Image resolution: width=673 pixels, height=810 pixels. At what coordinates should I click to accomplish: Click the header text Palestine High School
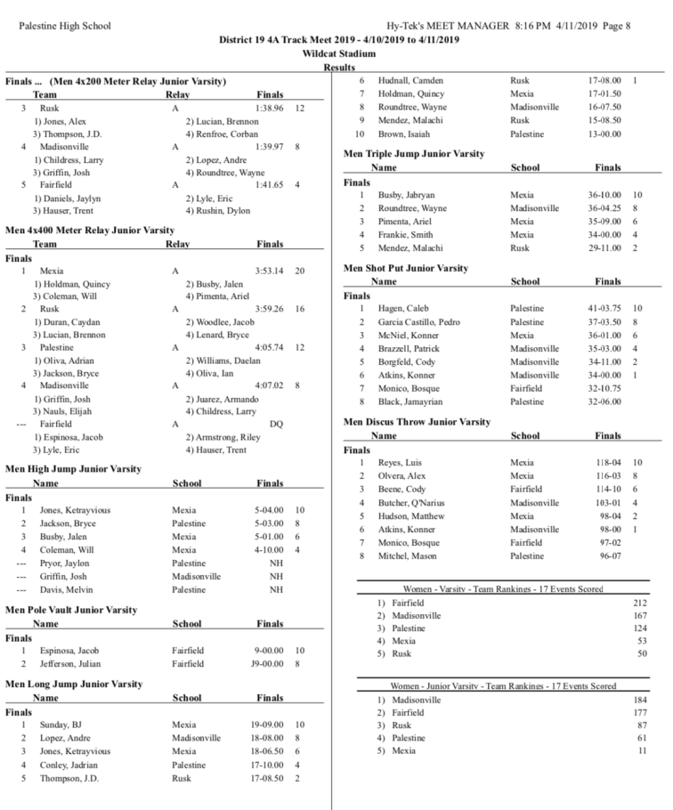(x=65, y=26)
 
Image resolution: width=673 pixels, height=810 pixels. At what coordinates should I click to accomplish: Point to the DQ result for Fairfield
(x=276, y=425)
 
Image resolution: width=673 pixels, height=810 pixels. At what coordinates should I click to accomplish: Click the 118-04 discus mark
(x=610, y=463)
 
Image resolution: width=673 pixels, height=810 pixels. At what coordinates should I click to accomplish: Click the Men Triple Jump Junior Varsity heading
(x=414, y=153)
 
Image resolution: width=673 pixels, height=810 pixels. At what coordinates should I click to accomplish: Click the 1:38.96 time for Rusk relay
(x=271, y=107)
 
